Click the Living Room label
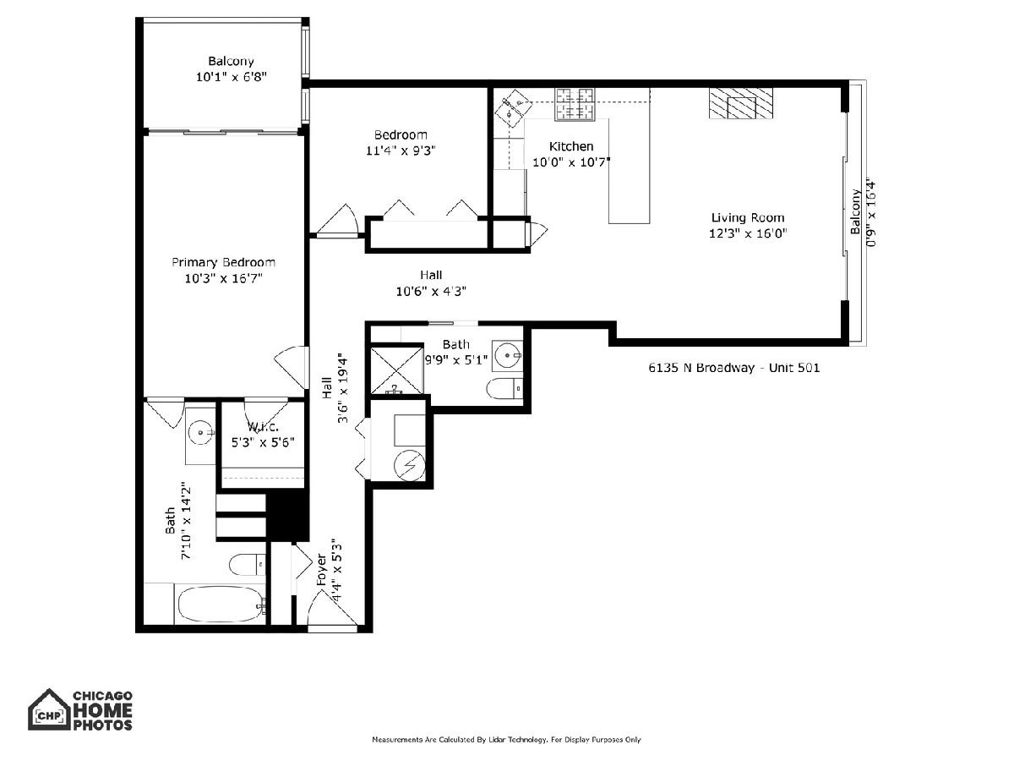748,217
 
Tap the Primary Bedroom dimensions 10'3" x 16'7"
224,279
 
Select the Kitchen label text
571,146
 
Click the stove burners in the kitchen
575,104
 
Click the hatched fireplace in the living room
741,104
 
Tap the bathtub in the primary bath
220,605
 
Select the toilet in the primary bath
248,565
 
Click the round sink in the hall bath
507,356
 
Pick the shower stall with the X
397,370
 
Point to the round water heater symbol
409,465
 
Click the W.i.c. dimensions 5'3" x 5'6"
263,442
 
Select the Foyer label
321,571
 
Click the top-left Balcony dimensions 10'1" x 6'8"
232,77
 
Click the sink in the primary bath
201,433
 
